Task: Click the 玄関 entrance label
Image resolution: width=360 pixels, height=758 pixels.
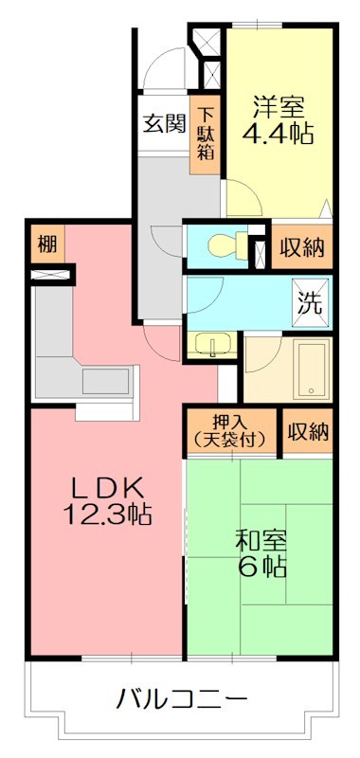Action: tap(163, 124)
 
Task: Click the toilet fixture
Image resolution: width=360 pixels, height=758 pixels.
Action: tap(219, 244)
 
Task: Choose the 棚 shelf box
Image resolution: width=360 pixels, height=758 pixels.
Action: tap(46, 245)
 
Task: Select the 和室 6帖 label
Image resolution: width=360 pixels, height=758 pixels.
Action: tap(261, 555)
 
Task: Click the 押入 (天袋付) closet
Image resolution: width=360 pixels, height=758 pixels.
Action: tap(231, 432)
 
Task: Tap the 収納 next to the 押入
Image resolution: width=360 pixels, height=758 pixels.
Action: tap(308, 432)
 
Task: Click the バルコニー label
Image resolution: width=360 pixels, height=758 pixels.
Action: tap(181, 702)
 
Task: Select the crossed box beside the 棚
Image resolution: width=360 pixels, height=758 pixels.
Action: tap(51, 276)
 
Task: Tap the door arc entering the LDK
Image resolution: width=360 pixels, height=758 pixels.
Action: tap(156, 343)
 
